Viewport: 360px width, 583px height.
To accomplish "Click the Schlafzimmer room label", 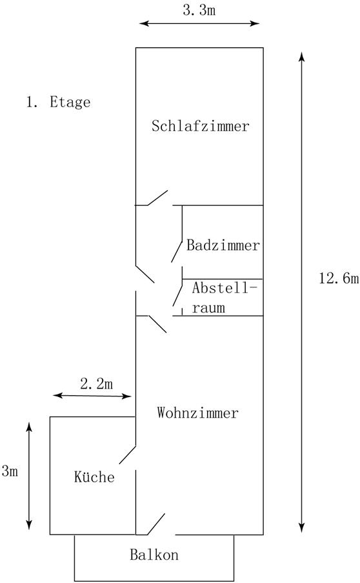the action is tap(200, 126).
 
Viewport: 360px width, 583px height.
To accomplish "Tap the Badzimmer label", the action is tap(223, 245).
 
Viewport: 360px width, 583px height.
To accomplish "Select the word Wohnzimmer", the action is tap(197, 413).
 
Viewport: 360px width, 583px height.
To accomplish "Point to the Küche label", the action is tap(94, 476).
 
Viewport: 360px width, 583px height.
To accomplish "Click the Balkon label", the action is tap(154, 555).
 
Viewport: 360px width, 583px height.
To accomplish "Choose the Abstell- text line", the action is tap(225, 288).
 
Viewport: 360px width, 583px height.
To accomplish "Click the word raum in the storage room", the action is tap(208, 308).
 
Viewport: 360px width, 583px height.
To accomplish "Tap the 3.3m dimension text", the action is tap(199, 10).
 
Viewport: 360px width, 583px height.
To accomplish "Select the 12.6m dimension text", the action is tap(339, 278).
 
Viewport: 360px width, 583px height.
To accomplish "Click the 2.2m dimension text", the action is tap(97, 384).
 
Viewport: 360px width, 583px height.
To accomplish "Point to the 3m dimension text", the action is tap(10, 471).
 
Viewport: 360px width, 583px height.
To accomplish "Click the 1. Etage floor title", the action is tap(58, 102).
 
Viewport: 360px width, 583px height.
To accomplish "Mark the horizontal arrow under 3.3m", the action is tap(199, 23).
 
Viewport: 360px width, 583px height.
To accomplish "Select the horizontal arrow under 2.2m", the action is tap(92, 396).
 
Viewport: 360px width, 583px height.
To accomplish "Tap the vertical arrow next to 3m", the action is tap(29, 476).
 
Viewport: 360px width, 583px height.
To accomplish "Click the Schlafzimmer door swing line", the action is tap(157, 198).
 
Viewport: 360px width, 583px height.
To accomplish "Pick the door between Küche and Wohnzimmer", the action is tap(128, 455).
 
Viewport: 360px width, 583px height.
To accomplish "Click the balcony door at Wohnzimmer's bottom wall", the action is tap(156, 524).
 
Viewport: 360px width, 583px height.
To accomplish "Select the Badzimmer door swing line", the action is tap(177, 251).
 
